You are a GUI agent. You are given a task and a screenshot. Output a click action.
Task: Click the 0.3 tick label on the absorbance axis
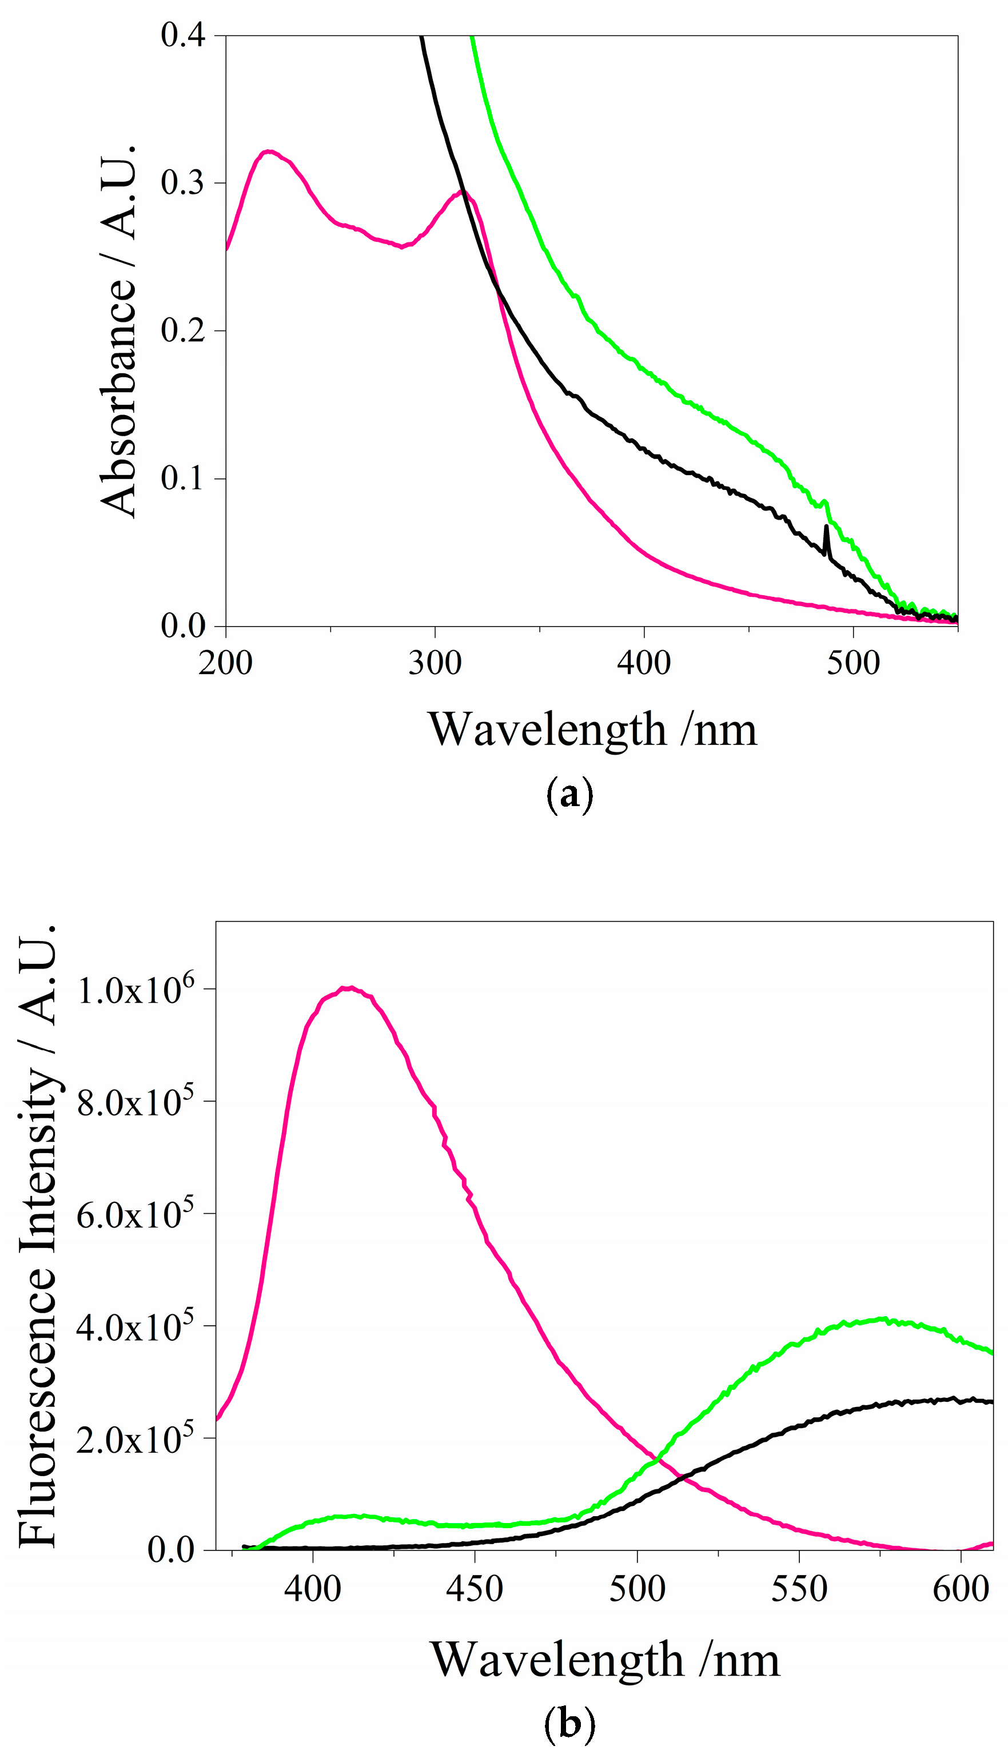pos(183,183)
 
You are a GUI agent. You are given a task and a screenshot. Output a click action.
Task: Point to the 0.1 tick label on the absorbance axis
pos(183,478)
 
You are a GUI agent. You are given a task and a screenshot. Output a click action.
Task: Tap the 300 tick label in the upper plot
pos(435,663)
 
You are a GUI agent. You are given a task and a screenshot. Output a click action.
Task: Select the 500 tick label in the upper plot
pos(853,663)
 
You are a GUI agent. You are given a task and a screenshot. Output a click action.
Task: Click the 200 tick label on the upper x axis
pos(226,663)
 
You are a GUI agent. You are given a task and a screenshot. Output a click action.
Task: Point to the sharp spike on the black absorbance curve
pos(826,527)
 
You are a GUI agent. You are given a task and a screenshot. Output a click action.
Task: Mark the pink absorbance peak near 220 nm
pos(269,151)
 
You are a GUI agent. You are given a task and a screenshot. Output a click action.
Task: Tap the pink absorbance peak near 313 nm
pos(463,191)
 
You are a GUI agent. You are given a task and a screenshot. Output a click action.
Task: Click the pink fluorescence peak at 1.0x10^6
pos(351,987)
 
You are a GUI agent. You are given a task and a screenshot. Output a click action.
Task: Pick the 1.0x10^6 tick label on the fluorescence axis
pos(136,990)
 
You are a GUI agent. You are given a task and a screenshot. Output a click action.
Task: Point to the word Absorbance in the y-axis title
pos(118,397)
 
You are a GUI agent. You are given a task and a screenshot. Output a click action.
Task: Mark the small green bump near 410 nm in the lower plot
pos(349,1516)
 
